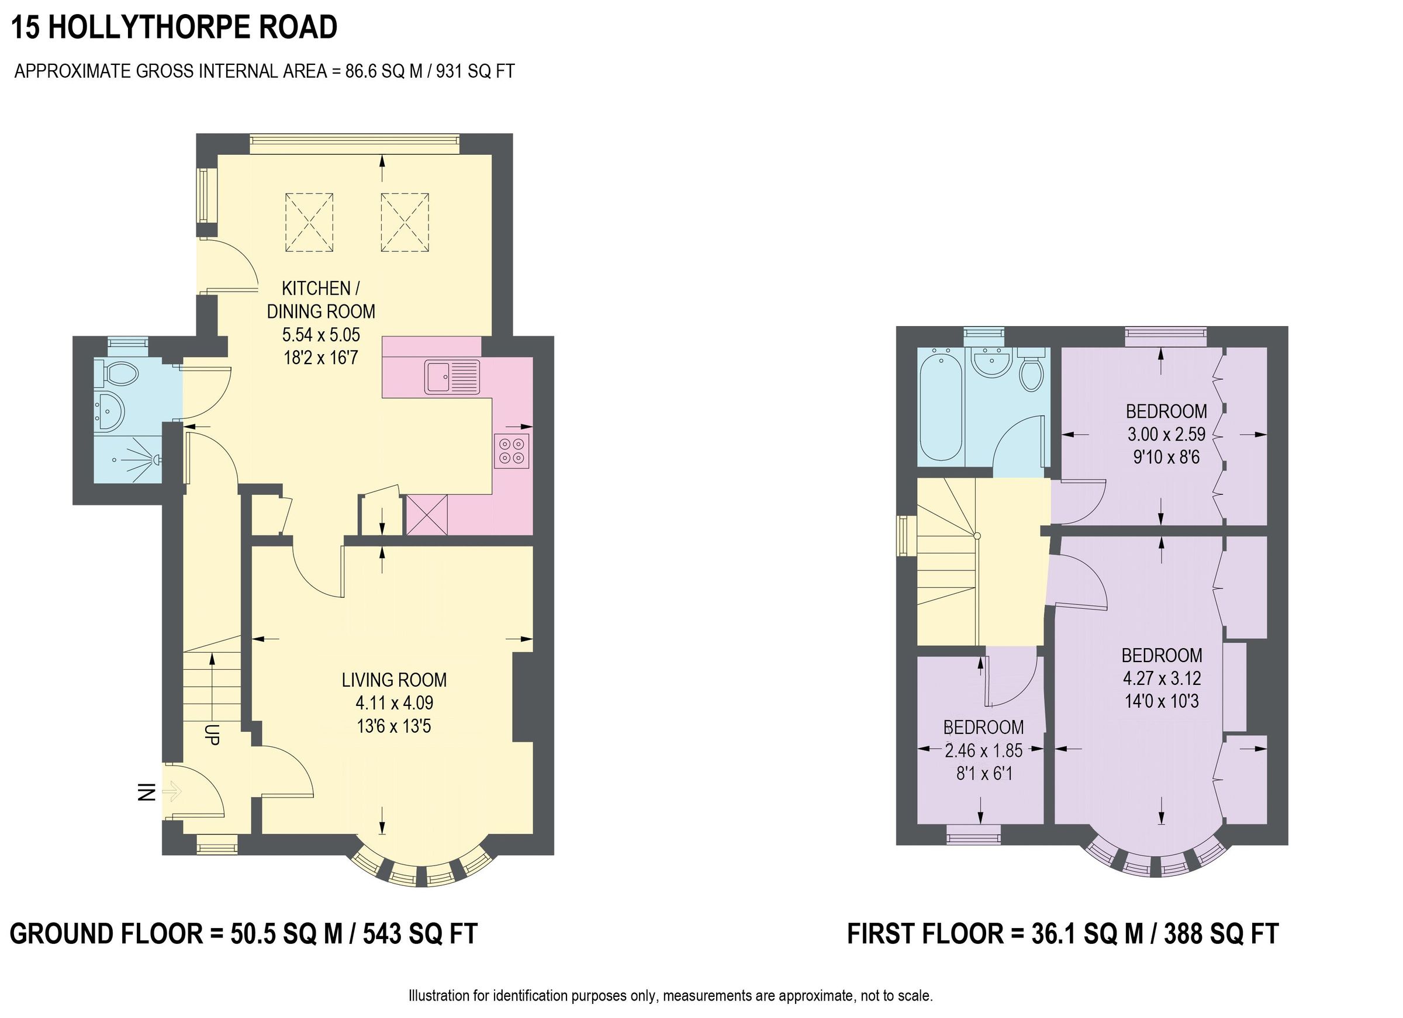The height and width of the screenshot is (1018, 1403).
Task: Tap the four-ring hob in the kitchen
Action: pyautogui.click(x=512, y=451)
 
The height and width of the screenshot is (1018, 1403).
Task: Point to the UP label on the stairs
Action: pyautogui.click(x=212, y=734)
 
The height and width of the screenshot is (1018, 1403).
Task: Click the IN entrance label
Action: pyautogui.click(x=146, y=791)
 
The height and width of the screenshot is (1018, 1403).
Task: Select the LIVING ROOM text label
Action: pyautogui.click(x=394, y=680)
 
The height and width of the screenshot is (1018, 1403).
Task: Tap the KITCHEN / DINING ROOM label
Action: pyautogui.click(x=320, y=300)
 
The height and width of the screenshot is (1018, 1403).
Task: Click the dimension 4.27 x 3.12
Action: pyautogui.click(x=1162, y=678)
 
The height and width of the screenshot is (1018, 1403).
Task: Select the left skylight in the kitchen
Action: pyautogui.click(x=309, y=223)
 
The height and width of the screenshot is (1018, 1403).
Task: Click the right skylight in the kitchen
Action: pyautogui.click(x=405, y=223)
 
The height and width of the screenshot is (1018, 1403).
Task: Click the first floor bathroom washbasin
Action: pyautogui.click(x=991, y=361)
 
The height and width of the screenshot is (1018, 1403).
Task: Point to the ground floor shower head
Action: pyautogui.click(x=156, y=459)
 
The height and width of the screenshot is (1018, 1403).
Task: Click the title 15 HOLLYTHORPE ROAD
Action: pyautogui.click(x=174, y=27)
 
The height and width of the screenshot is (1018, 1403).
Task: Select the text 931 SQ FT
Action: pyautogui.click(x=475, y=72)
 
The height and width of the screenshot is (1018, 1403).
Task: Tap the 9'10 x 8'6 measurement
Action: pyautogui.click(x=1166, y=458)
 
